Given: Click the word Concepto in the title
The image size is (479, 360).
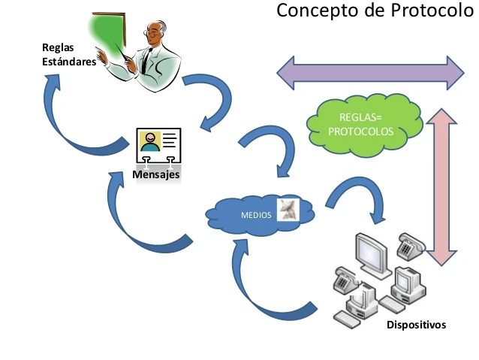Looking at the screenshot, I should (x=318, y=11).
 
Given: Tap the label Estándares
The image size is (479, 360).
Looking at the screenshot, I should (x=69, y=62).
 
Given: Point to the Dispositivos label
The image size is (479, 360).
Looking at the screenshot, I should (x=416, y=325).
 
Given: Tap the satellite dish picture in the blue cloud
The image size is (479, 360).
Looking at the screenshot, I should (x=288, y=210).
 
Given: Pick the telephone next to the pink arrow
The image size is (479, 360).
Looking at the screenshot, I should (x=411, y=244).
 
